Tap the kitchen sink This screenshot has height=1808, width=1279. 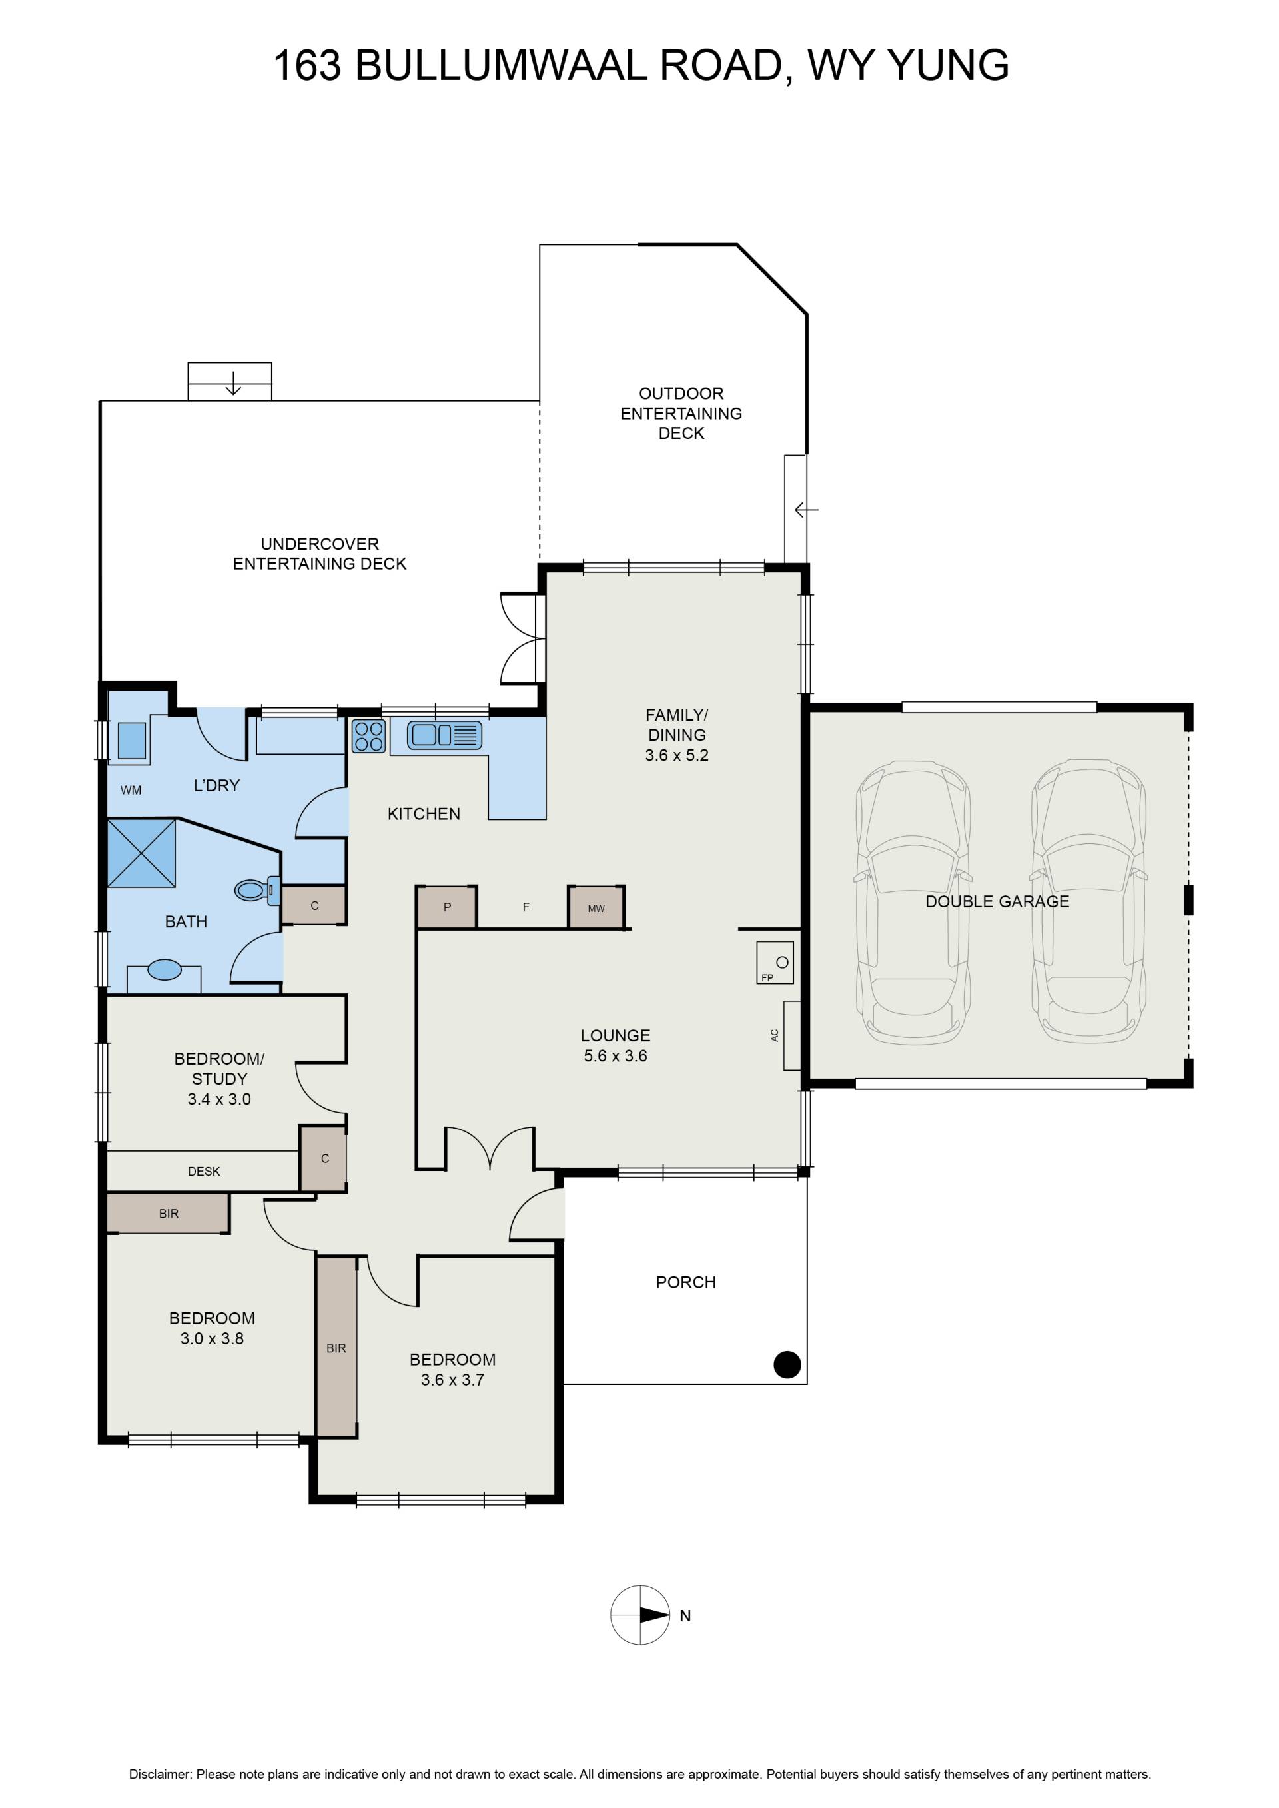[444, 735]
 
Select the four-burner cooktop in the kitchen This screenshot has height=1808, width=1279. [368, 736]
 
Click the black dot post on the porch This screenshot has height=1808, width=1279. [787, 1365]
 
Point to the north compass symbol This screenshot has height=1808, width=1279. [640, 1615]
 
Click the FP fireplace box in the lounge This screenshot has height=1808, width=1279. [775, 962]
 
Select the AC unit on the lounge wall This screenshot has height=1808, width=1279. [791, 1035]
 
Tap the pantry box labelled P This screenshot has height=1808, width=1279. [446, 907]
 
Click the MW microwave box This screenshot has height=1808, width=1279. [596, 907]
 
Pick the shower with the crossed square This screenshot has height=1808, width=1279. [142, 853]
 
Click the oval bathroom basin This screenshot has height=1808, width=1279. [165, 969]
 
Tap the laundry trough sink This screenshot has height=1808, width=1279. [131, 740]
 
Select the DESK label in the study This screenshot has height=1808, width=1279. [204, 1172]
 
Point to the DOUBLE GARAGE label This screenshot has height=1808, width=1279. [997, 901]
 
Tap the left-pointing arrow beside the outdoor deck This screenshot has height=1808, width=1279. [807, 510]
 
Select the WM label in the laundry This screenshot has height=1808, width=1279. [131, 790]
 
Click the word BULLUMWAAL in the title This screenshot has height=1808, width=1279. [501, 65]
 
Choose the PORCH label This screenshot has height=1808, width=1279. [686, 1283]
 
